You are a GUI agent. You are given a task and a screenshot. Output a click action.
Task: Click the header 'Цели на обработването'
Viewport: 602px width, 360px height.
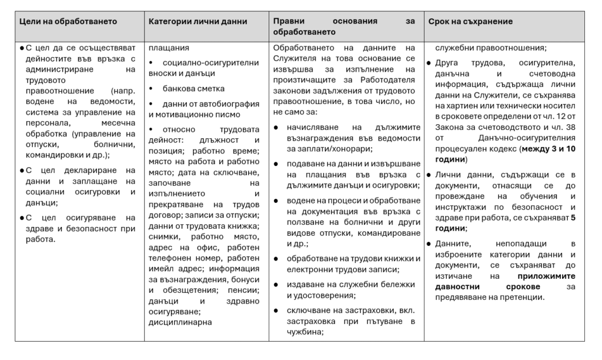(x=68, y=21)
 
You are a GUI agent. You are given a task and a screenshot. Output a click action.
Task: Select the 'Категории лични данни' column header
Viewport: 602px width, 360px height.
(x=198, y=21)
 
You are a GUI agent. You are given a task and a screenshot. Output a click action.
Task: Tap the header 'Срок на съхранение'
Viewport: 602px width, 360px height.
(x=471, y=21)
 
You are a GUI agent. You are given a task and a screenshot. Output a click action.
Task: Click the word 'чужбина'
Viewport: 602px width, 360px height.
(x=305, y=332)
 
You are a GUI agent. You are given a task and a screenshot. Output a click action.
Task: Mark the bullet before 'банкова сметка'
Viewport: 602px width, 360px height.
(x=152, y=88)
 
